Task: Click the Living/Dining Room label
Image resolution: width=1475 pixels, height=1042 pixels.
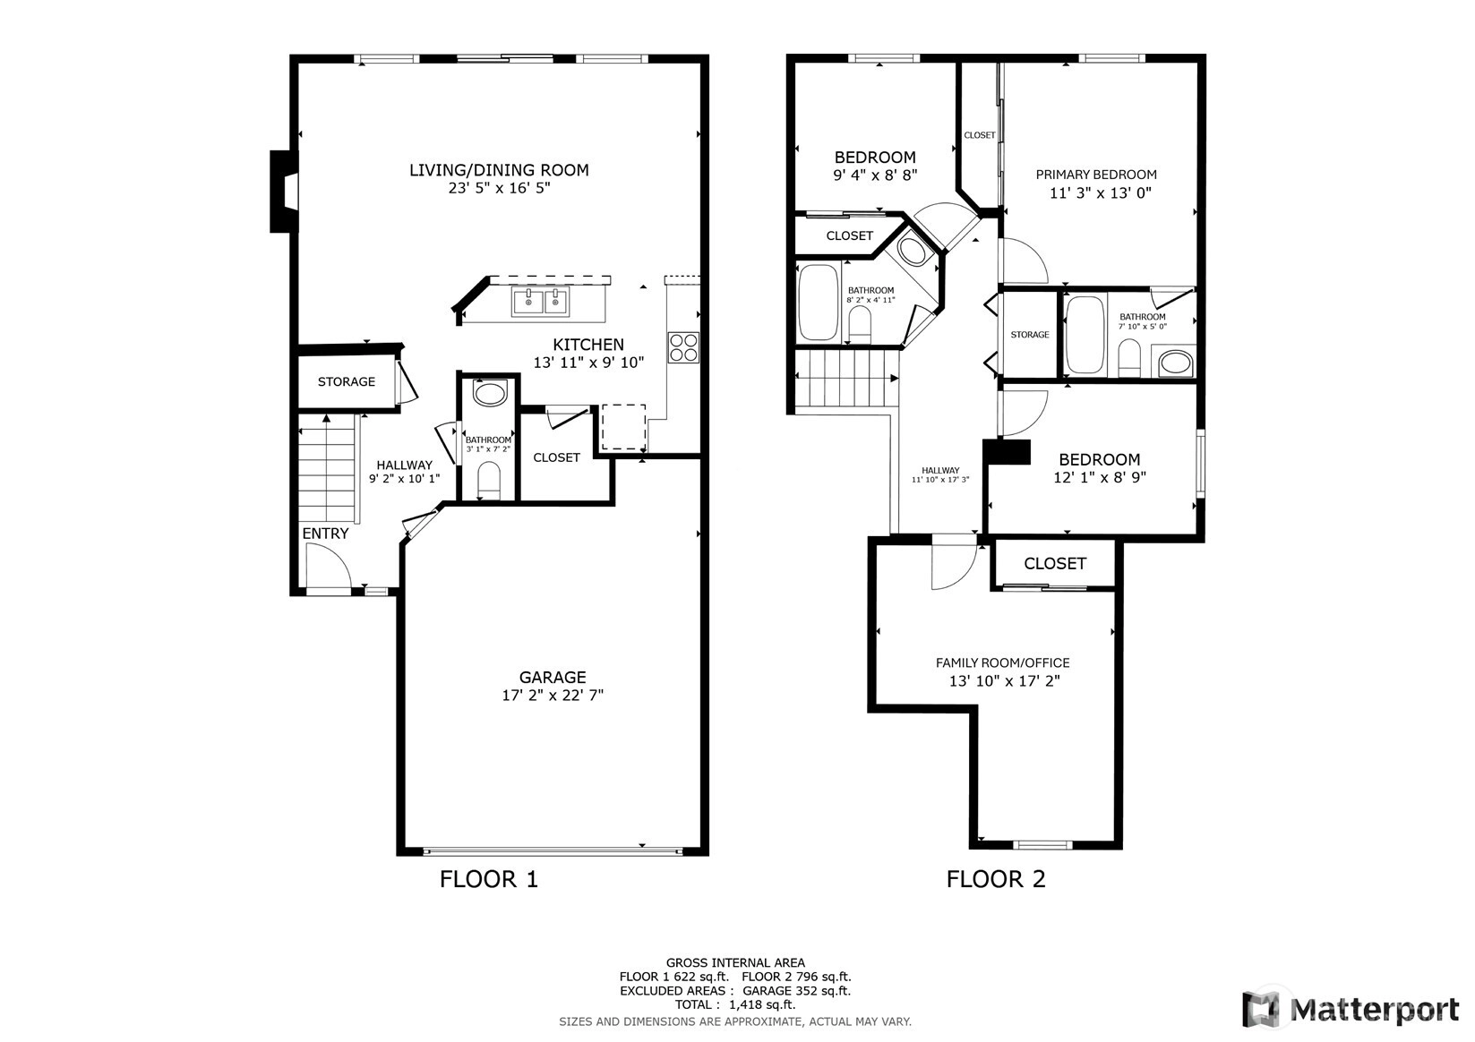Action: [499, 170]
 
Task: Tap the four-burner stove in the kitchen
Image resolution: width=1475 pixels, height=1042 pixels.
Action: [683, 348]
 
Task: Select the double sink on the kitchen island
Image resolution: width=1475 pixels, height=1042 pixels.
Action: [541, 303]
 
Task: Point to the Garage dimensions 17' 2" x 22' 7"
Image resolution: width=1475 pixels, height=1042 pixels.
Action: [553, 695]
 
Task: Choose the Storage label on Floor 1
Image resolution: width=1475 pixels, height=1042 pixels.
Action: [347, 381]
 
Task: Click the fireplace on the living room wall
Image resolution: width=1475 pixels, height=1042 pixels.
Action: [284, 192]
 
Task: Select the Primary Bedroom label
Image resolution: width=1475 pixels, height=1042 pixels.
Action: [1096, 175]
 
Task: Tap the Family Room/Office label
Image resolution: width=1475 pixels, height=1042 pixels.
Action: [1003, 662]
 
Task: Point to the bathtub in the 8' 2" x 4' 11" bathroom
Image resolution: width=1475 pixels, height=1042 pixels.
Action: [818, 303]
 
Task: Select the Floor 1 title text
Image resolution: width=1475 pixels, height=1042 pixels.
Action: [489, 879]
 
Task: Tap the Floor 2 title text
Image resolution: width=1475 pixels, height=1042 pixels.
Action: [996, 879]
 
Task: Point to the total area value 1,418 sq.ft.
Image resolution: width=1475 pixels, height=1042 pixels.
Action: [762, 1004]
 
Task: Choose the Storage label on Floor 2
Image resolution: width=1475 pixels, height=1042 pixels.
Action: [1030, 335]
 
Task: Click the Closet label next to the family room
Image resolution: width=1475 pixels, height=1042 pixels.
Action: [1055, 563]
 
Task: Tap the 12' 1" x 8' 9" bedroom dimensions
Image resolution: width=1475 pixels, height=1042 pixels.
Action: [1100, 477]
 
